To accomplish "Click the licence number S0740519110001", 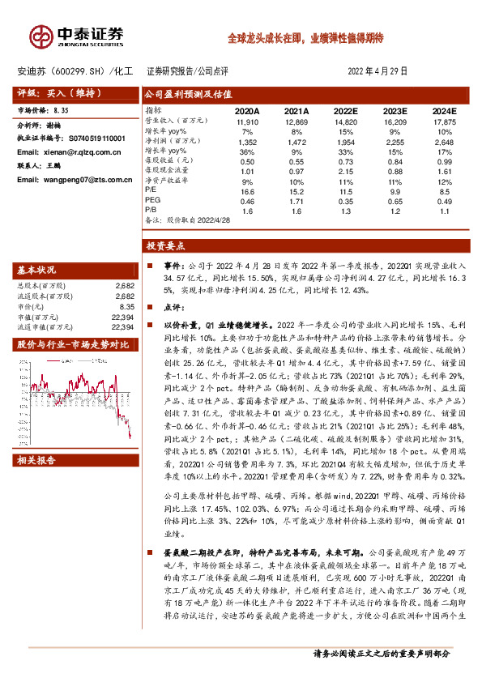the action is (x=91, y=139).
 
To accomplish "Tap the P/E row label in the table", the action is (x=151, y=190).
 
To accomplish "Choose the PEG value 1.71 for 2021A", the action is (x=299, y=199).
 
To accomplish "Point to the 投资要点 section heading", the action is (x=167, y=244).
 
